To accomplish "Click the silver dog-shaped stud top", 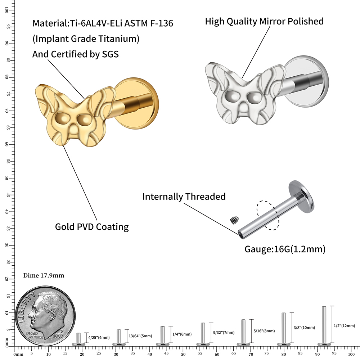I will tap(241, 95).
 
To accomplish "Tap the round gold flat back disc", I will tap(139, 104).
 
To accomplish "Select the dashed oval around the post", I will tap(267, 215).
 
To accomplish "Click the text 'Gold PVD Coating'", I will tap(92, 227).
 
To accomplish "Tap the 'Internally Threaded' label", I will tap(184, 197).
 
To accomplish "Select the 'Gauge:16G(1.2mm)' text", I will tap(285, 249).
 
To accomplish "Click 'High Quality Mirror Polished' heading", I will tap(264, 21).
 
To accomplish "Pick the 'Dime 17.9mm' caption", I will tap(44, 276).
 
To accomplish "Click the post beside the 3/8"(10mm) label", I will tap(284, 328).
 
